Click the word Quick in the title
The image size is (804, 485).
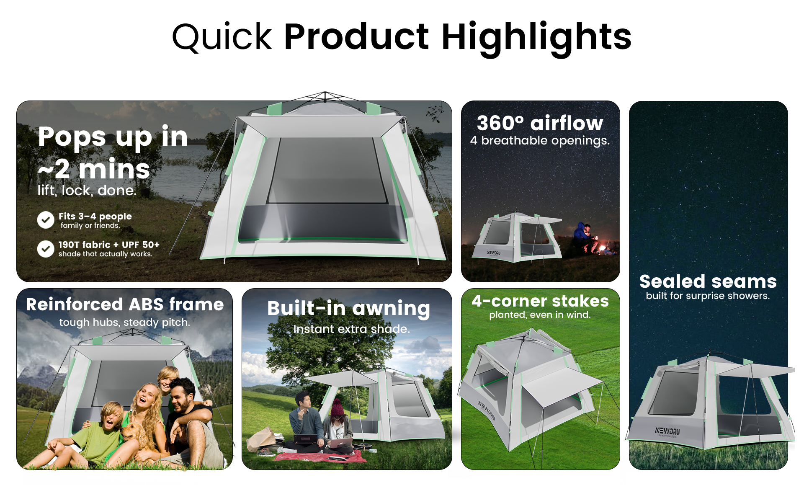[x=222, y=37]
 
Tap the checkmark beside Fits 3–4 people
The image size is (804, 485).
[x=46, y=220]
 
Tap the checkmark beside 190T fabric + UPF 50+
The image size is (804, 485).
[x=46, y=249]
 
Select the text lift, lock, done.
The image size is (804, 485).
[x=87, y=191]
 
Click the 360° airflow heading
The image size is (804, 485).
[x=540, y=123]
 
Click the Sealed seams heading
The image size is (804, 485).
[x=708, y=281]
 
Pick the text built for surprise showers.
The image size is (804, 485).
[x=708, y=296]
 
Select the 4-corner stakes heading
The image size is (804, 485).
[x=540, y=301]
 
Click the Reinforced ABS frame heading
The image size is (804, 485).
[x=125, y=304]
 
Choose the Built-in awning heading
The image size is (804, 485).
[x=348, y=309]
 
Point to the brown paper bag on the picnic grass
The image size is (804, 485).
[x=262, y=439]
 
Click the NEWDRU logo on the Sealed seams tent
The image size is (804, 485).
[x=667, y=431]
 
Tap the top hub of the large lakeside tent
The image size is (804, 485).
[x=325, y=95]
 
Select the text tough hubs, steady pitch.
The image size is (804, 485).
[x=125, y=322]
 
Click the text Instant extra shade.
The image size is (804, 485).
[x=351, y=329]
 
